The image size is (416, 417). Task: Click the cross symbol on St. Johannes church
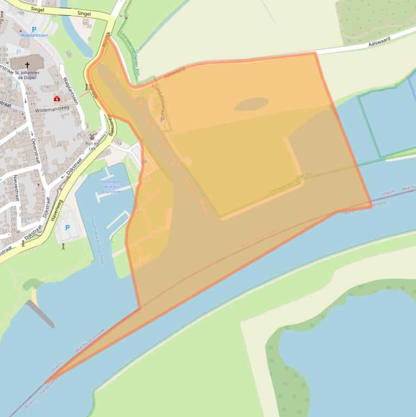28,64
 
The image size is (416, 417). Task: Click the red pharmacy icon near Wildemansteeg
57,99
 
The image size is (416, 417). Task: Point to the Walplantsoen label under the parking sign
34,35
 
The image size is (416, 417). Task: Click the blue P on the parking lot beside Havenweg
68,228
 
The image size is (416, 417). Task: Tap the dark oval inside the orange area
251,104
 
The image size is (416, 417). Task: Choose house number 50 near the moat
69,54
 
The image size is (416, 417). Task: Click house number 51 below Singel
85,24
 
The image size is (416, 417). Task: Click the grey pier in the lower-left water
41,314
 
